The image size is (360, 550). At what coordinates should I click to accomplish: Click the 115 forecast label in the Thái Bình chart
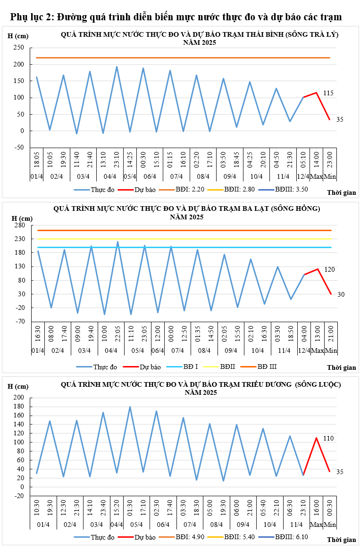(x=328, y=93)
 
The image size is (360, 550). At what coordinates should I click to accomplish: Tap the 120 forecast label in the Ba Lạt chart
(x=329, y=269)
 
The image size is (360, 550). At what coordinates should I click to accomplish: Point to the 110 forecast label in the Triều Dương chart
(x=328, y=438)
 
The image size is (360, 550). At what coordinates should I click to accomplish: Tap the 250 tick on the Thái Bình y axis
(x=19, y=48)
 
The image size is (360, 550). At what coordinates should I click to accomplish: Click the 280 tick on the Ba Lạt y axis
(x=19, y=225)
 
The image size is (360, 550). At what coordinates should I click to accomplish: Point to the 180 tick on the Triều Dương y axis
(x=19, y=406)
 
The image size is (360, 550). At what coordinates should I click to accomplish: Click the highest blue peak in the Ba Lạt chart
(x=117, y=242)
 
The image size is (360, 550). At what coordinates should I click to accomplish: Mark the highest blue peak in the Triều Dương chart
(x=130, y=407)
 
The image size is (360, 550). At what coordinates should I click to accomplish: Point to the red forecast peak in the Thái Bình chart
(x=317, y=92)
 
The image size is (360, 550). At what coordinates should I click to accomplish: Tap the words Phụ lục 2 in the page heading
(x=31, y=17)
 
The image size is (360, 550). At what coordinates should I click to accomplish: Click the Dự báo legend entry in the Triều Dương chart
(x=145, y=537)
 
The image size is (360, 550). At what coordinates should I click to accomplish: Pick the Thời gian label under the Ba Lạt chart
(x=341, y=367)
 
